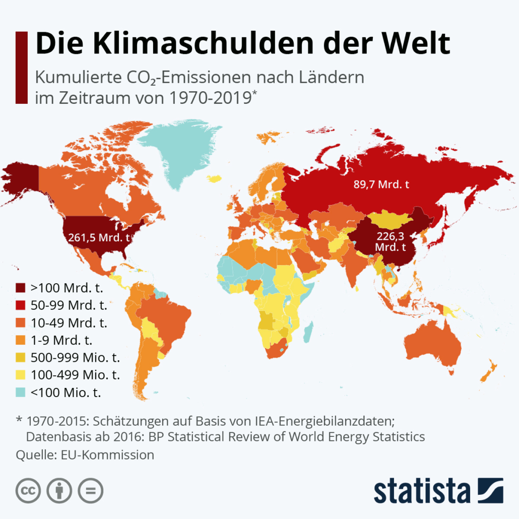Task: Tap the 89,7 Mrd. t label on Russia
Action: (x=381, y=184)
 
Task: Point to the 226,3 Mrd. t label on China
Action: (x=391, y=241)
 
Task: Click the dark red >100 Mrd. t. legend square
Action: (x=20, y=288)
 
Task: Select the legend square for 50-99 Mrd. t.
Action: (x=20, y=305)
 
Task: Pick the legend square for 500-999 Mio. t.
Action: (x=20, y=357)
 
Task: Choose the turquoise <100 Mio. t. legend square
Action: (x=20, y=392)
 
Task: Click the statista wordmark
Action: (x=421, y=491)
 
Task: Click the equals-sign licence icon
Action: (x=90, y=490)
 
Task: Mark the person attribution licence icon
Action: (x=59, y=490)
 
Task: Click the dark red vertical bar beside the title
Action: (x=21, y=67)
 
